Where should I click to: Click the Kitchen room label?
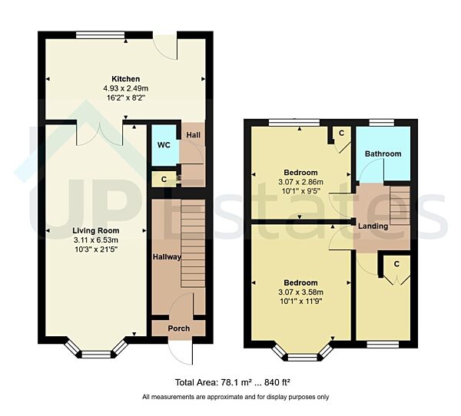[125, 78]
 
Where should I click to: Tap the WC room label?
[163, 144]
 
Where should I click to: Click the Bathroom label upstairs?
[383, 154]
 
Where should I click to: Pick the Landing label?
[372, 226]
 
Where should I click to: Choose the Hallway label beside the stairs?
[165, 257]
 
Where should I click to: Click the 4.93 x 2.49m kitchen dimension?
[126, 88]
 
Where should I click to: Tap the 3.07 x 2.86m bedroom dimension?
[300, 182]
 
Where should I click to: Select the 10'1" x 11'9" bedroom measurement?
[300, 301]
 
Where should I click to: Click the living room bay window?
[95, 353]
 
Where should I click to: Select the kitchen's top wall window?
[101, 33]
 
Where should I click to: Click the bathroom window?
[382, 121]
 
